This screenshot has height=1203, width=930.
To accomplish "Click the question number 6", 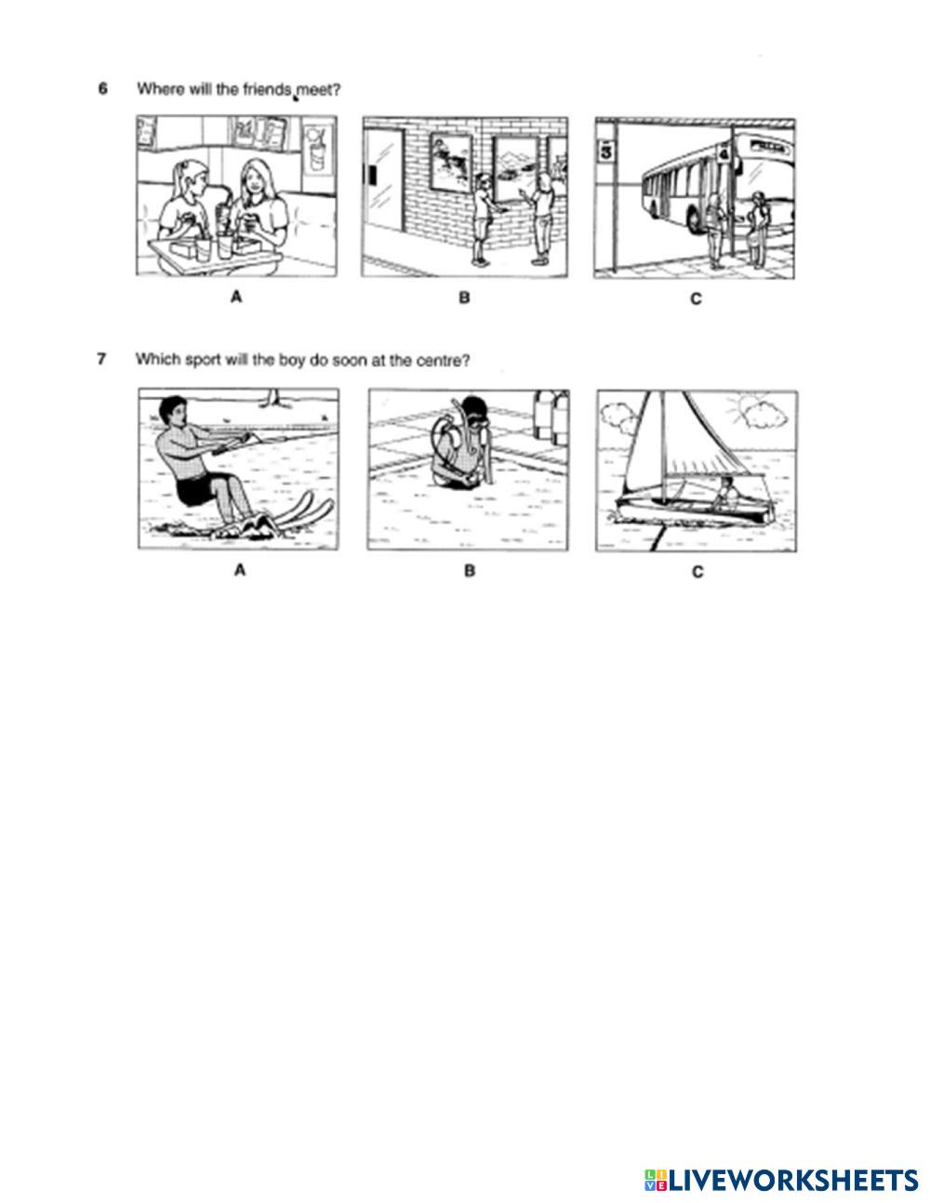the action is pyautogui.click(x=102, y=89).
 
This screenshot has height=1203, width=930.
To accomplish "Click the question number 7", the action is pyautogui.click(x=102, y=360).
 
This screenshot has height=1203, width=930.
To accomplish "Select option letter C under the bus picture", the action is pyautogui.click(x=696, y=298).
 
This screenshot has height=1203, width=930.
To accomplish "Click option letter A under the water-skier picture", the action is pyautogui.click(x=240, y=571).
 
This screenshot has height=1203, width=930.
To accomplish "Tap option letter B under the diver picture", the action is pyautogui.click(x=469, y=571).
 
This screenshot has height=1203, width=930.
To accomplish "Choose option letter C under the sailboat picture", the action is pyautogui.click(x=697, y=572).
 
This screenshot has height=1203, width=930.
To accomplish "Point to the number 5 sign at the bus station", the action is pyautogui.click(x=606, y=151).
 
